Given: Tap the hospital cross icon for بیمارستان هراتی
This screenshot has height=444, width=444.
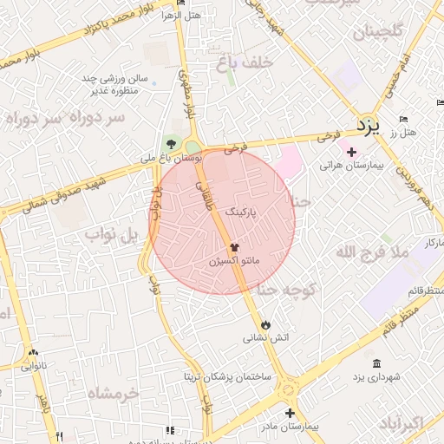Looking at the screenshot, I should [x=351, y=153].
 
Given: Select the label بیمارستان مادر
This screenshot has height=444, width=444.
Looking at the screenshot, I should [x=291, y=427].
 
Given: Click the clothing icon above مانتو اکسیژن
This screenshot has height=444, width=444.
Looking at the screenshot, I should [x=234, y=247].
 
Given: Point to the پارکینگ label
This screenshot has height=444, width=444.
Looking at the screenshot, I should [x=242, y=212].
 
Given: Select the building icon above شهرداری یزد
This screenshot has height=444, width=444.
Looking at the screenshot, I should [x=375, y=362].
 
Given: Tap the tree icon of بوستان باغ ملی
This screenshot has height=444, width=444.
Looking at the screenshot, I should [x=170, y=144].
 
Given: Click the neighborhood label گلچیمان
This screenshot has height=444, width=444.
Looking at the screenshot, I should [x=379, y=34].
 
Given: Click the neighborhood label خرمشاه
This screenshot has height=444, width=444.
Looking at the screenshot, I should [x=114, y=393].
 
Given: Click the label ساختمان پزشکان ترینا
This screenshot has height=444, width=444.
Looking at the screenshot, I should [x=227, y=377].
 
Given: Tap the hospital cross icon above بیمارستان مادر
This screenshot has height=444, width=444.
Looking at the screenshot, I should [x=290, y=413].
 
